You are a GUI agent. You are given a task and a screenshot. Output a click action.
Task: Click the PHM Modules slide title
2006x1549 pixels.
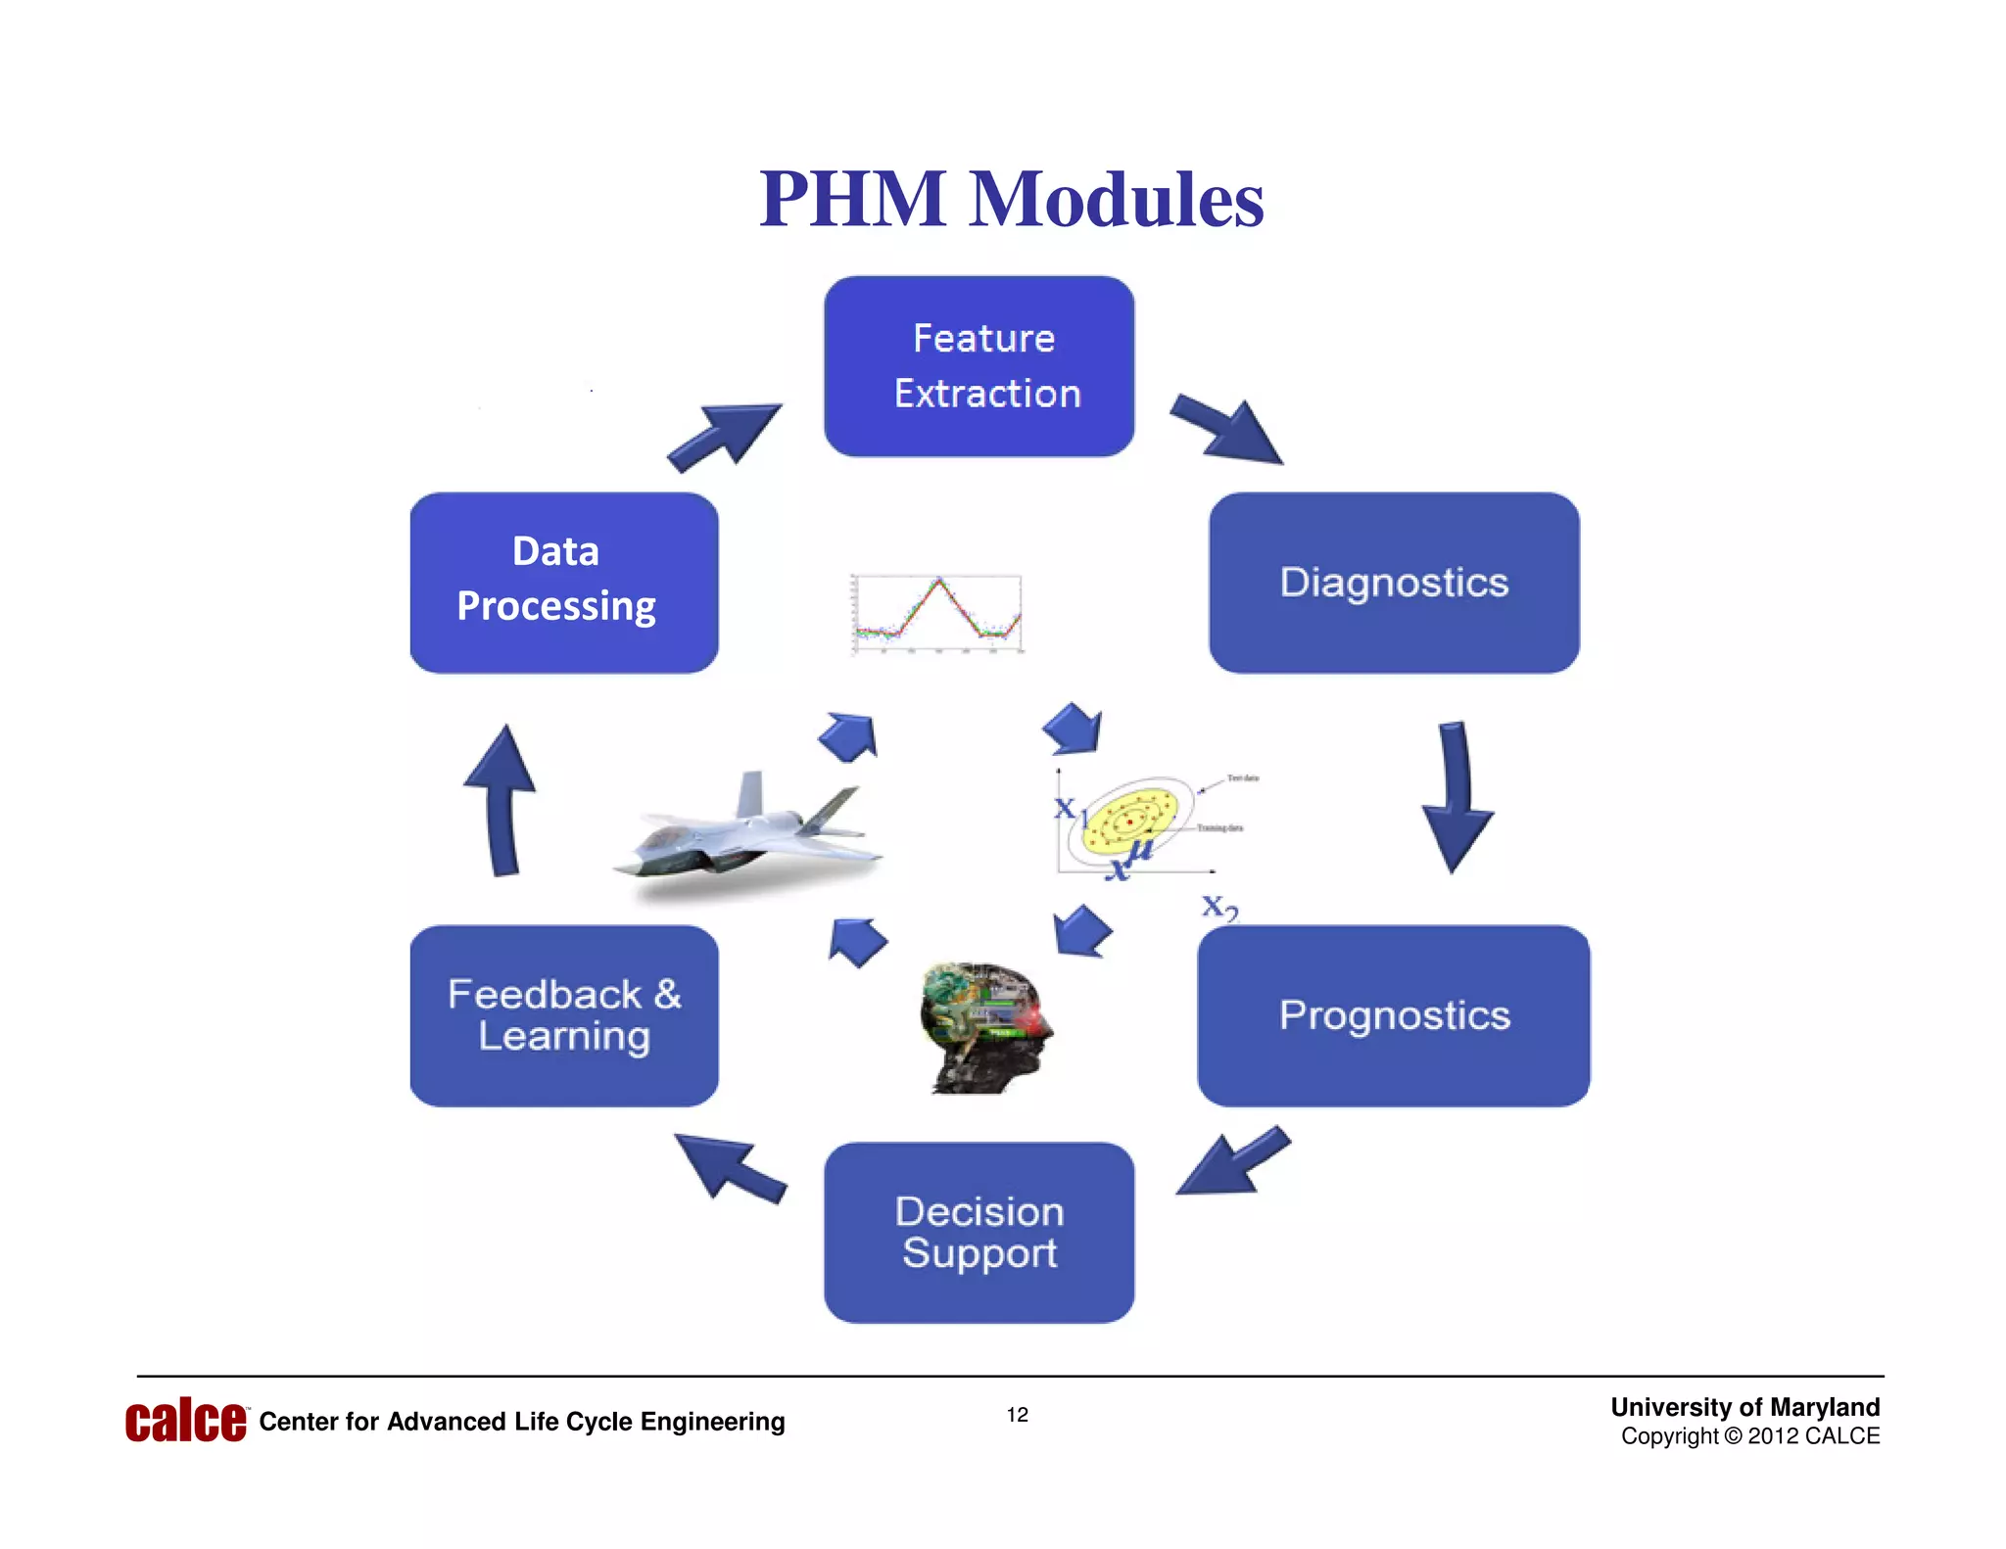pos(1011,200)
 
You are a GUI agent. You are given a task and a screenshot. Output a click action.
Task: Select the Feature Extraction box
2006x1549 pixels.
pos(979,366)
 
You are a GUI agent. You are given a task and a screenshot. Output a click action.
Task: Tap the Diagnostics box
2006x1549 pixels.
pos(1393,583)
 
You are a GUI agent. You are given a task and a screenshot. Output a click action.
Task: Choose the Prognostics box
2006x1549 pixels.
pos(1393,1015)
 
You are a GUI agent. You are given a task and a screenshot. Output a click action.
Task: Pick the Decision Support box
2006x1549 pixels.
pos(979,1232)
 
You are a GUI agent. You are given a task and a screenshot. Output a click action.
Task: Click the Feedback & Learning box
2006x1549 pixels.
pos(563,1015)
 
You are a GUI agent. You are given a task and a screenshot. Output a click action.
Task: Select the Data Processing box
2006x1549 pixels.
pos(563,583)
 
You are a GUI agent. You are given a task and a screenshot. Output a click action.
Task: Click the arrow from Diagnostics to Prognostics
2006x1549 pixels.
pos(1457,798)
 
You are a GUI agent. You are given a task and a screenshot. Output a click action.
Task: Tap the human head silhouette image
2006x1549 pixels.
pos(984,1026)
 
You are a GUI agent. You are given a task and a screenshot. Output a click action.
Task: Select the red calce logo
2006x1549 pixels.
pos(185,1421)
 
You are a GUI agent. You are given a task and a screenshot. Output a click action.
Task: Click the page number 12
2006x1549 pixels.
pos(1017,1415)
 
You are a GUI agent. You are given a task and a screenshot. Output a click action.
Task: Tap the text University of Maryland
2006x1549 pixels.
pos(1744,1407)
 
